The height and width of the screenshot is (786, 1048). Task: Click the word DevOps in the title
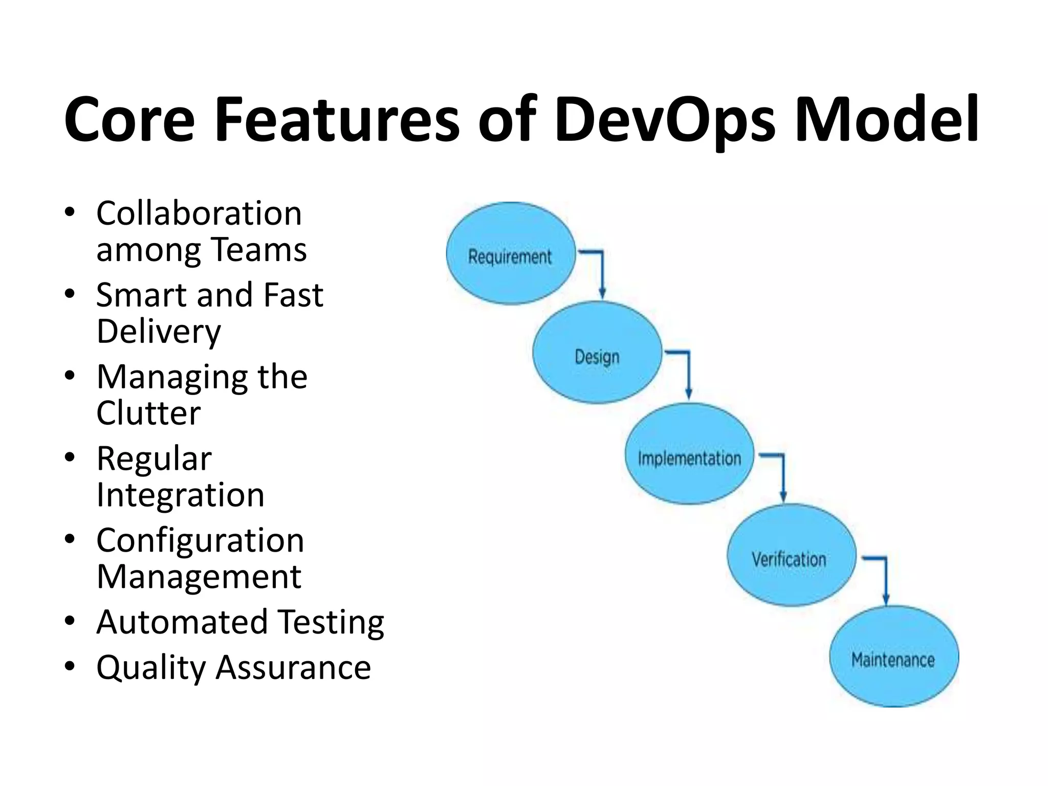(665, 120)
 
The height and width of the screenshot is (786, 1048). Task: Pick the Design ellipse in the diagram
(597, 353)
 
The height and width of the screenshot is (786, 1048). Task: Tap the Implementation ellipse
(689, 454)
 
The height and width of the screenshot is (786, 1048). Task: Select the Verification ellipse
(791, 555)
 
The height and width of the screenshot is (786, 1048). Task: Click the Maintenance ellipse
(893, 657)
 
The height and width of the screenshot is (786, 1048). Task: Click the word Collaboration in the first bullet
(199, 213)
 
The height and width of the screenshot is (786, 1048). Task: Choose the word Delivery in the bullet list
(159, 332)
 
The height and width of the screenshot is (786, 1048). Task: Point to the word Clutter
(148, 413)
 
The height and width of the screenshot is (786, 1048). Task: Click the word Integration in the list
(180, 495)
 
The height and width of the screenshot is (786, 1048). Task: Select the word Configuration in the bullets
(200, 540)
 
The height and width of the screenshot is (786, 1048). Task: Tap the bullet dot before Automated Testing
(70, 621)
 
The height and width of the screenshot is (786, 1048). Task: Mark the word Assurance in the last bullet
(293, 668)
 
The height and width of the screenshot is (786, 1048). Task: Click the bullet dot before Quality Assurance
(70, 666)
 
